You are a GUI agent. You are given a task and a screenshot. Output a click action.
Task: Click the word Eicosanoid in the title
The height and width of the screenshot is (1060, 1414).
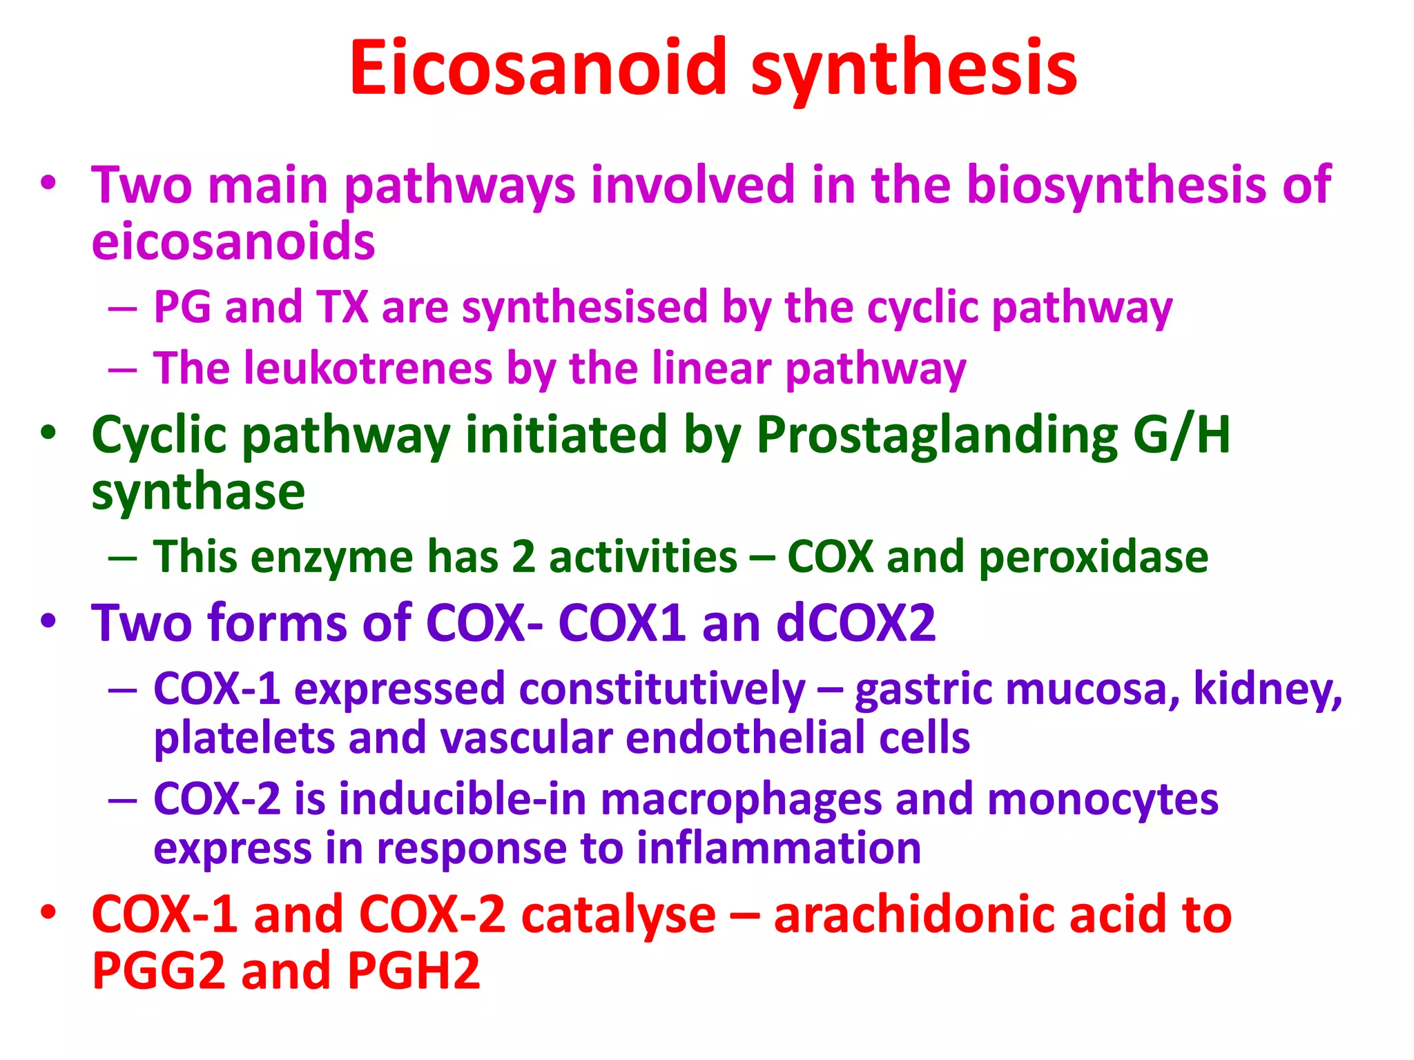click(538, 68)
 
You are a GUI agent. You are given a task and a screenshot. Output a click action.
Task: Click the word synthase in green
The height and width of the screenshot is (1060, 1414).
click(198, 492)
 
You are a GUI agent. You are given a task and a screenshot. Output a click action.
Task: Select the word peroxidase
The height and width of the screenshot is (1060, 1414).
click(1094, 557)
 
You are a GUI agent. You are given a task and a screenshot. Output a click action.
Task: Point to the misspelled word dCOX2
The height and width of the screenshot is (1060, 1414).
click(855, 623)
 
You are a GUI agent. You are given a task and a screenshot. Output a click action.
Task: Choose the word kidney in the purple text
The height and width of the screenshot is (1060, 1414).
click(1267, 689)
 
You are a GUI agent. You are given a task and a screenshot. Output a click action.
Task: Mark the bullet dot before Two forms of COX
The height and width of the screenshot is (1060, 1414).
click(48, 621)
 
